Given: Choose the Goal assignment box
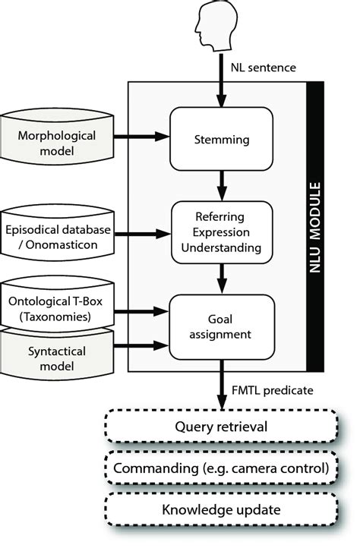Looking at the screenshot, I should (220, 326).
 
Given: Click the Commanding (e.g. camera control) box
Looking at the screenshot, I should (220, 468).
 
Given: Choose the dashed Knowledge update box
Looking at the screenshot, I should (220, 509).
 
